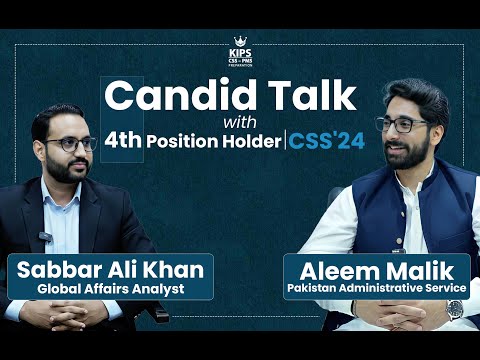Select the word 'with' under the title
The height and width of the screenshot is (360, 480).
[239, 121]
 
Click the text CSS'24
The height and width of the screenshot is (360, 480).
[326, 140]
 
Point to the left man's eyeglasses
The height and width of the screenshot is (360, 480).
[69, 144]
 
